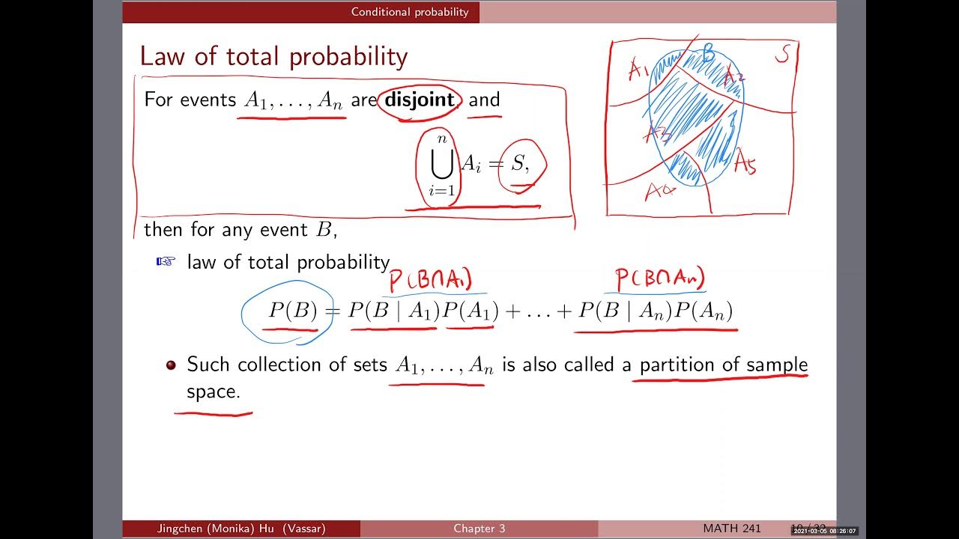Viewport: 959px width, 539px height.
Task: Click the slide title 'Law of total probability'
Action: [273, 57]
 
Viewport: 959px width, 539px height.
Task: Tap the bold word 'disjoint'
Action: [419, 100]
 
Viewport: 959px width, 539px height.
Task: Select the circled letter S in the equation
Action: [519, 164]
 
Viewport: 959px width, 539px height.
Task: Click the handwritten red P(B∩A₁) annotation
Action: [430, 281]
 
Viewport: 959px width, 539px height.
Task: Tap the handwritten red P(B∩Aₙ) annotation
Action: [660, 279]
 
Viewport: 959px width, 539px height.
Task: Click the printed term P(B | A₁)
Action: [393, 311]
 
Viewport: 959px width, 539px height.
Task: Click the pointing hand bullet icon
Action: [165, 261]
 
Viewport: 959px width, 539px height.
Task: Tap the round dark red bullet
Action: [171, 365]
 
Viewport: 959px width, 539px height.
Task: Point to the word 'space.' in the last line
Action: [214, 392]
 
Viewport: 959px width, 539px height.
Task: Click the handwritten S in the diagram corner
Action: [781, 55]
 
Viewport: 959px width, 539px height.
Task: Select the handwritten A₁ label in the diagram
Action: [638, 71]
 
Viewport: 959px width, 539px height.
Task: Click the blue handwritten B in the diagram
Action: [708, 54]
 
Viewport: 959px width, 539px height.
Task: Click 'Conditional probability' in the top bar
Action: [410, 12]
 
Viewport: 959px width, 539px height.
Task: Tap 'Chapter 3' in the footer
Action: [479, 529]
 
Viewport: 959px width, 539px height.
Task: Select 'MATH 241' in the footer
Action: [732, 529]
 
